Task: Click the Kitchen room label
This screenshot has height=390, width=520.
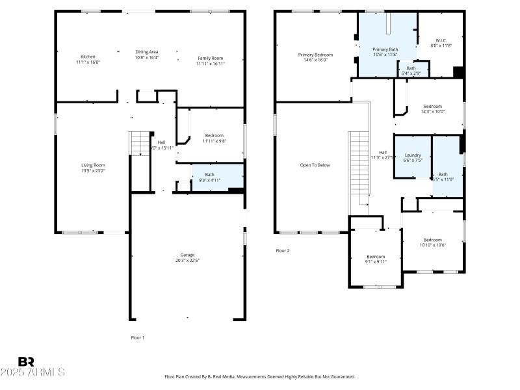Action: (x=88, y=57)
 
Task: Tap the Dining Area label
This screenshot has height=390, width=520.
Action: (x=146, y=52)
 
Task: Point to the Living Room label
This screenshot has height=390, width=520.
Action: (x=93, y=165)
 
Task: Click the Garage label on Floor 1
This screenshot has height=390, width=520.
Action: (x=187, y=255)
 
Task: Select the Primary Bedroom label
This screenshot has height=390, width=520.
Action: (x=315, y=55)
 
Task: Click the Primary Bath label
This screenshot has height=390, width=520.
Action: (x=385, y=49)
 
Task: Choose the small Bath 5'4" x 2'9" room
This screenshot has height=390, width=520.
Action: (x=411, y=70)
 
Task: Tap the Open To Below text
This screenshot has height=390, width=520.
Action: (x=315, y=165)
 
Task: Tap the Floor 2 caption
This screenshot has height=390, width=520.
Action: (x=283, y=250)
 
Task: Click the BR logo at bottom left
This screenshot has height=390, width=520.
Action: (x=26, y=362)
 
